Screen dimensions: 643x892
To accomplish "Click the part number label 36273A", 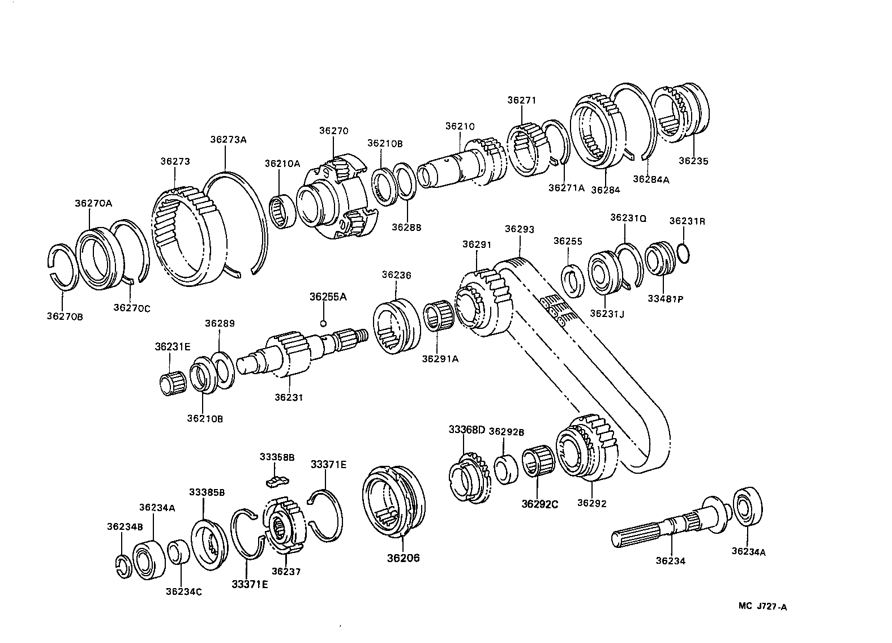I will [x=228, y=139].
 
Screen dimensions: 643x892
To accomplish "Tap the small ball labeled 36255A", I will [x=323, y=323].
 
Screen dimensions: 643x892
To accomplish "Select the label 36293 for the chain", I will [x=519, y=229].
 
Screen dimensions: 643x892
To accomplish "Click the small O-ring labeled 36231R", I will [x=683, y=254].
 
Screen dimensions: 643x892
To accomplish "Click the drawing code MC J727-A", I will [x=762, y=607].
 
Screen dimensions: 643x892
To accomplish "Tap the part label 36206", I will [x=403, y=558].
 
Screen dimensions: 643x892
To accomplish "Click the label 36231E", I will [x=172, y=346].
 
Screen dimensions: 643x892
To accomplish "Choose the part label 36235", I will [x=693, y=161].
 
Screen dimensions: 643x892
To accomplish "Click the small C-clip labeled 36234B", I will [x=122, y=568].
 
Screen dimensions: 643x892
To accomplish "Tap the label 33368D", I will [x=467, y=430].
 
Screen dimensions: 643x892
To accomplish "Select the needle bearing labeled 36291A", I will [x=438, y=319].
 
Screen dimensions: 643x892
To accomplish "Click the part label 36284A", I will [x=651, y=179].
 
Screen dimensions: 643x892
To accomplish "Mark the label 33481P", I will [x=664, y=299].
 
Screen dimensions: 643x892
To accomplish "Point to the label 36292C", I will [x=539, y=504].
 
